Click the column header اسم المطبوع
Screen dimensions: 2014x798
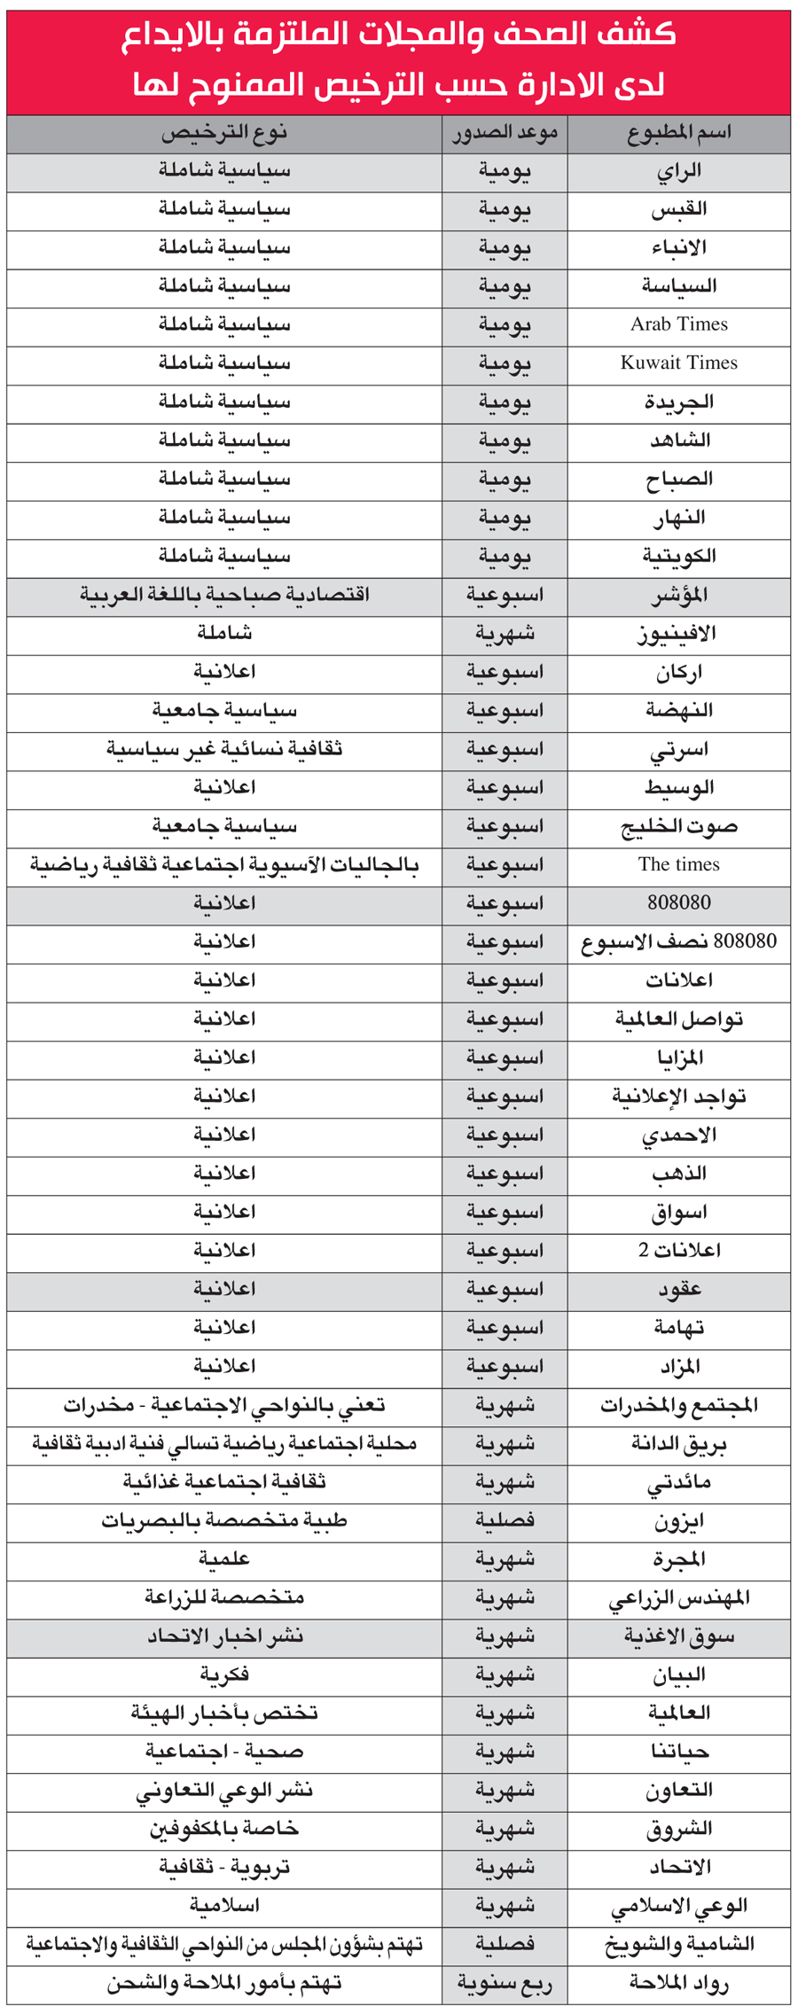[678, 134]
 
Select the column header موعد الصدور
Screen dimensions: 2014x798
[505, 134]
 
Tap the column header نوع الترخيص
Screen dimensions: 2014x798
[224, 134]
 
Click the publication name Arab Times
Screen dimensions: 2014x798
[678, 324]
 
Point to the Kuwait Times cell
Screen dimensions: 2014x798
[678, 363]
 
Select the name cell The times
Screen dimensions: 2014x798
[678, 864]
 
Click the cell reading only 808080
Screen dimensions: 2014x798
[678, 902]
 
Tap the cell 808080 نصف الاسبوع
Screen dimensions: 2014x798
[678, 941]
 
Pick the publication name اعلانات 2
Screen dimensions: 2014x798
[678, 1250]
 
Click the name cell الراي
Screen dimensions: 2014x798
[678, 170]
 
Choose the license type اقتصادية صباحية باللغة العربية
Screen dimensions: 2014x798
[224, 594]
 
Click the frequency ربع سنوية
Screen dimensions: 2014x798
[505, 1984]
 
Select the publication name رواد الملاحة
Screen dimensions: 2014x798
[678, 1984]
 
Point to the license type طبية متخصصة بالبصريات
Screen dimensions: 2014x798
[224, 1521]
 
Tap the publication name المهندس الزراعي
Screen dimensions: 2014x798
[678, 1597]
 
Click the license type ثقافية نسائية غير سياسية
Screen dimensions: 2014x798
[224, 749]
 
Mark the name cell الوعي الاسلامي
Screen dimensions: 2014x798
[678, 1906]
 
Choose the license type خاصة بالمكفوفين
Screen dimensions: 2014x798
[224, 1829]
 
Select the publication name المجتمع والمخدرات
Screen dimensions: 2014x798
[678, 1405]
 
